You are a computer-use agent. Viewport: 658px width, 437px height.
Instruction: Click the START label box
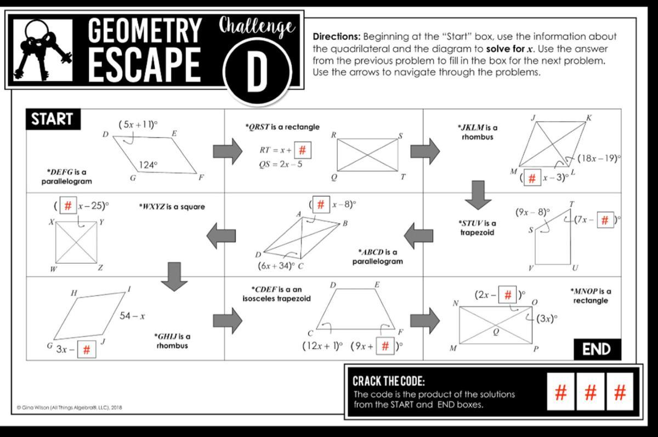52,120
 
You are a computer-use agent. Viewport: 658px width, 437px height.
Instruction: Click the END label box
597,349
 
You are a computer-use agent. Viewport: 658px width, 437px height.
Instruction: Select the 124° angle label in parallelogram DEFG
148,164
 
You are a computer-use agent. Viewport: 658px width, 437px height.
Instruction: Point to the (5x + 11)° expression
138,125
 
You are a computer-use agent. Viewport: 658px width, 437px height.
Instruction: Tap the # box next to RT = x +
303,149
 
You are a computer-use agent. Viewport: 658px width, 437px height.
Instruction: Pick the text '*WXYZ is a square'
172,207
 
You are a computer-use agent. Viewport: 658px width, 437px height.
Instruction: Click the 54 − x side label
132,316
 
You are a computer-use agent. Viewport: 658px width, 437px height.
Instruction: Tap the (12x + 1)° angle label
322,346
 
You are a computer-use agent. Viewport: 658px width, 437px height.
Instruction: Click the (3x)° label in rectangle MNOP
547,319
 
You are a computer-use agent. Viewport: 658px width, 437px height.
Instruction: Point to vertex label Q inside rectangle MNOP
496,331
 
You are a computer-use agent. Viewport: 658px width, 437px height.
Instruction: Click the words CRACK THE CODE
388,381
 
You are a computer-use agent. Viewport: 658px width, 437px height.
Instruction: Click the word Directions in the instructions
337,37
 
